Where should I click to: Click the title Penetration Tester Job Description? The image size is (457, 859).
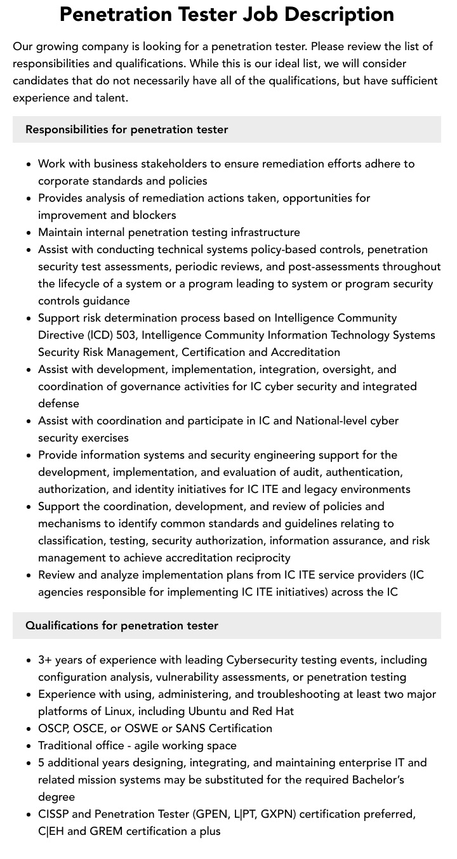[x=227, y=14]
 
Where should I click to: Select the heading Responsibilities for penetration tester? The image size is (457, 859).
[x=126, y=129]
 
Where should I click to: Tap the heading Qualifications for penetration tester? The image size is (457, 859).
[x=121, y=626]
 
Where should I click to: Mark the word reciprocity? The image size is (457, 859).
[x=258, y=558]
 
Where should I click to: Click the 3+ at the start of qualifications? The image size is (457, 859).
[x=46, y=660]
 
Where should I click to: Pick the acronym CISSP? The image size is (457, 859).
[x=53, y=814]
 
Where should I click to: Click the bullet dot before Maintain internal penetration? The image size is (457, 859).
[x=29, y=233]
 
